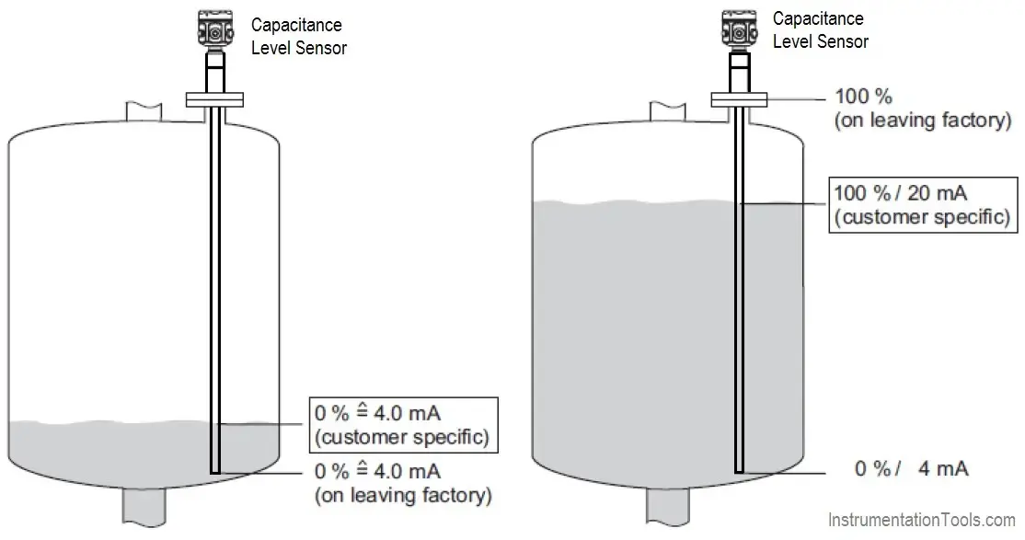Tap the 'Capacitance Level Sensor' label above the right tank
point(820,30)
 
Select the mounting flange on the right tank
point(738,99)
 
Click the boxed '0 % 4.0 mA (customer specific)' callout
point(401,424)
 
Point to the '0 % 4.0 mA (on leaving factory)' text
point(403,484)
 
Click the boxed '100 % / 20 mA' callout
point(921,205)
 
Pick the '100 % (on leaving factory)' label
point(922,108)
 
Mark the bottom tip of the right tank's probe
point(738,470)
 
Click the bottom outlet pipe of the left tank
point(144,510)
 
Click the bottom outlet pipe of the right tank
point(669,510)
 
